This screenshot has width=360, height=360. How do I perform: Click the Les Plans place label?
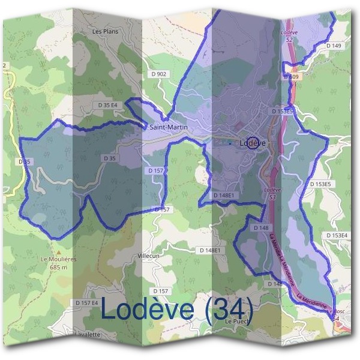(106, 31)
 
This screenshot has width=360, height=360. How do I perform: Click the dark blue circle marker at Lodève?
(253, 143)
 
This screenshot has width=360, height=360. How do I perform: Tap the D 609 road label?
(291, 77)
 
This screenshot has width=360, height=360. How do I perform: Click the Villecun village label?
(148, 255)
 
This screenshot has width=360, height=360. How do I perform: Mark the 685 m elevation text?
(58, 267)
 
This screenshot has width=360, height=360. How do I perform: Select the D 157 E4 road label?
(86, 302)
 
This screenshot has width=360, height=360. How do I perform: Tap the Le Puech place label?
(236, 322)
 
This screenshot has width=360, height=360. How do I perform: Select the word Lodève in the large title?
(148, 309)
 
